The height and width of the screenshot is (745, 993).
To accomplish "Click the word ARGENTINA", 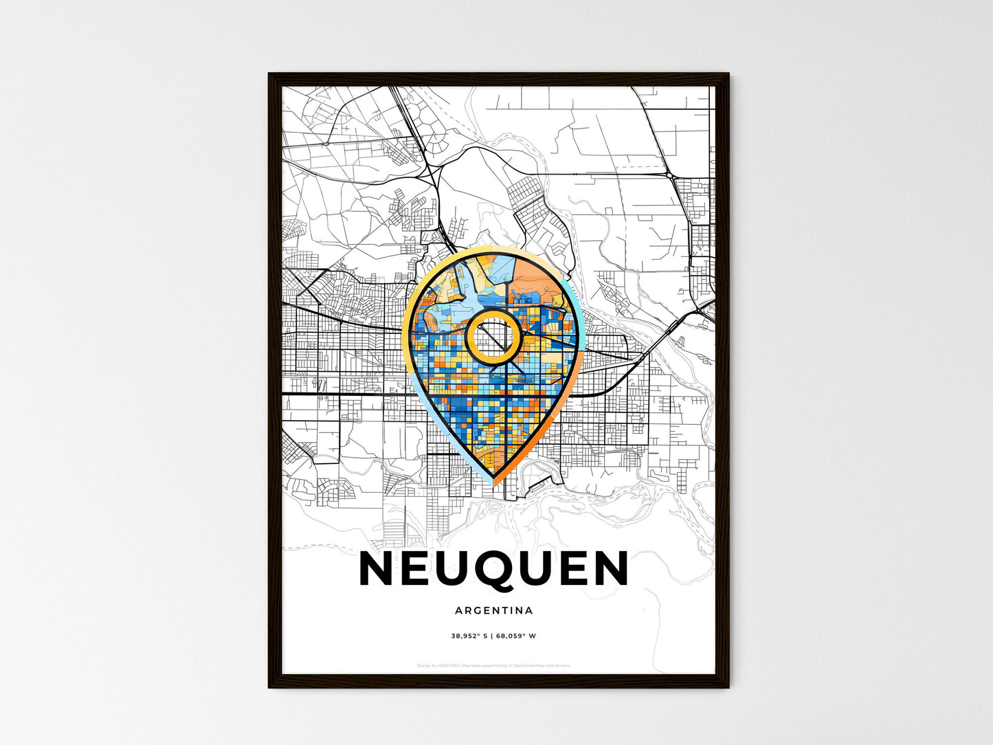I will coord(493,610).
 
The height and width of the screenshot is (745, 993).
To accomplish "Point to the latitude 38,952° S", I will coord(469,636).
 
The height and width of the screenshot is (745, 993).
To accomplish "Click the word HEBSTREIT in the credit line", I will coord(449,665).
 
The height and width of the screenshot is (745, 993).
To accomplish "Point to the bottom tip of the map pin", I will coord(493,483).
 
